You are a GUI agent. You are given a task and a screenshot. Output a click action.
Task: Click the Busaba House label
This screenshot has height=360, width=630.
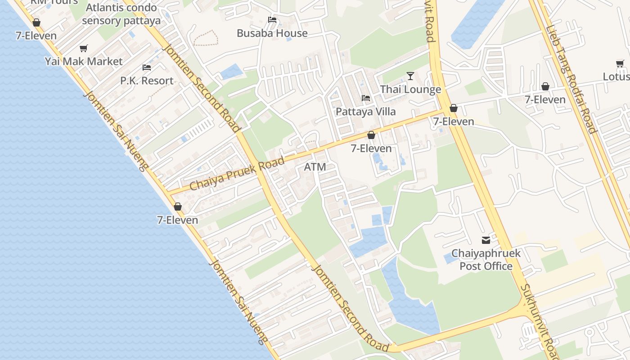pyautogui.click(x=272, y=33)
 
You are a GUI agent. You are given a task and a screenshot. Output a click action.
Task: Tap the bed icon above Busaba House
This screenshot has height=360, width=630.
pyautogui.click(x=272, y=20)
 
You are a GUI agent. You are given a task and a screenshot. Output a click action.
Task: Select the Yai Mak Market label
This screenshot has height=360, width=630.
pyautogui.click(x=84, y=61)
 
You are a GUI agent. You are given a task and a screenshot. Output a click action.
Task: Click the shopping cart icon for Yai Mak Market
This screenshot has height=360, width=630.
pyautogui.click(x=83, y=48)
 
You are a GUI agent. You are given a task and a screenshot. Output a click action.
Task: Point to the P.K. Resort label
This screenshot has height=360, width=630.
pyautogui.click(x=147, y=81)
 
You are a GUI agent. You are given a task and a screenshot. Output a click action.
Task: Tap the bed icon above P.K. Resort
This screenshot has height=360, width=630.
pyautogui.click(x=147, y=67)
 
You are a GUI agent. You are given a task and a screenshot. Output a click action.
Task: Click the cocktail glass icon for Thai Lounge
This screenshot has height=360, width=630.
pyautogui.click(x=410, y=76)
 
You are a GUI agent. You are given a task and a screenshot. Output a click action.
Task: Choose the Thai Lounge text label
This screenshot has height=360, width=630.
pyautogui.click(x=410, y=90)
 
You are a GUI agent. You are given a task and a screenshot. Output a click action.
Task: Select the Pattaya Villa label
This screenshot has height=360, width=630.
pyautogui.click(x=366, y=112)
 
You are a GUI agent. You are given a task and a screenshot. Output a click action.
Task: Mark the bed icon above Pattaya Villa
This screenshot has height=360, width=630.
pyautogui.click(x=366, y=98)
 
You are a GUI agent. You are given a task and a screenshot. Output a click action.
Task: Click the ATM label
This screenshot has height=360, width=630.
pyautogui.click(x=315, y=167)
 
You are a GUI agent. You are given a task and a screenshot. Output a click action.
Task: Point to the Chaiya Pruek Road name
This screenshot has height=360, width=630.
pyautogui.click(x=237, y=173)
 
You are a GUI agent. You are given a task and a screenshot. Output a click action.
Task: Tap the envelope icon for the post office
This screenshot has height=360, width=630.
pyautogui.click(x=486, y=240)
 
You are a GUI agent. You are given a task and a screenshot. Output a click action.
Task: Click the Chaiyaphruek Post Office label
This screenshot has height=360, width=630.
pyautogui.click(x=486, y=260)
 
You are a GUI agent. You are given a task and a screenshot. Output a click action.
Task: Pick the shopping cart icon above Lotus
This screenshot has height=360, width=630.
pyautogui.click(x=620, y=63)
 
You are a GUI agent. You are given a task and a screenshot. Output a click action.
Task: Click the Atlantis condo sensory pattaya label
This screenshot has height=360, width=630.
pyautogui.click(x=121, y=14)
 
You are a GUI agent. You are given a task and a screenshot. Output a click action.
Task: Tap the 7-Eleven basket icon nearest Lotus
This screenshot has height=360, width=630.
pyautogui.click(x=545, y=86)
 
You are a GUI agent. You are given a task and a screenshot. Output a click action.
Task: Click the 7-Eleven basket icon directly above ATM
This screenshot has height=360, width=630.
pyautogui.click(x=371, y=135)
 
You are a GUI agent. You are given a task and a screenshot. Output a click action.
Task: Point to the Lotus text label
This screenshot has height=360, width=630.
pyautogui.click(x=616, y=77)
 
